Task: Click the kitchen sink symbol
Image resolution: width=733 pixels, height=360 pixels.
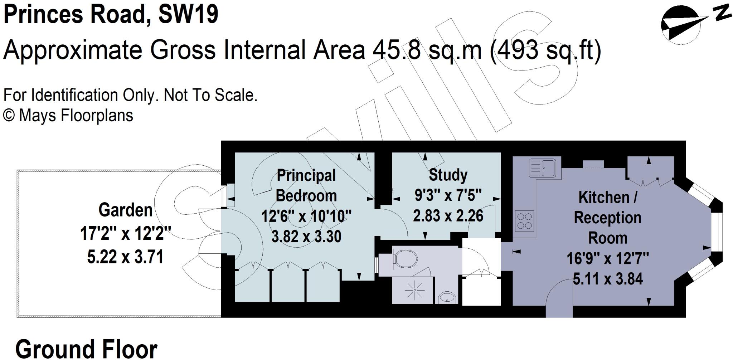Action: pyautogui.click(x=542, y=168)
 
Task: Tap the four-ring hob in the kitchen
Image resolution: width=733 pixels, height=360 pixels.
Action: pyautogui.click(x=525, y=220)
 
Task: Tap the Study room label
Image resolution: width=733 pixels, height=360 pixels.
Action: pyautogui.click(x=448, y=175)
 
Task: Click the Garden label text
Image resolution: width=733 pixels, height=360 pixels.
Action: pyautogui.click(x=125, y=210)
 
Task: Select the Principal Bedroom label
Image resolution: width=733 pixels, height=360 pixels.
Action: pyautogui.click(x=306, y=186)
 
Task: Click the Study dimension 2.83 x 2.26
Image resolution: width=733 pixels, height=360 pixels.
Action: pyautogui.click(x=448, y=216)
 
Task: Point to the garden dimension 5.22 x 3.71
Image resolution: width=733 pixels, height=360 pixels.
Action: pyautogui.click(x=125, y=257)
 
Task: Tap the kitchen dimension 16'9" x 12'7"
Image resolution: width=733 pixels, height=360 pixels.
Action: pyautogui.click(x=607, y=258)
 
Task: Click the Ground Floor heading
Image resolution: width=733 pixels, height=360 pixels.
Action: pyautogui.click(x=86, y=349)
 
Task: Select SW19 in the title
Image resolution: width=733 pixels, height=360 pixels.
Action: pyautogui.click(x=188, y=15)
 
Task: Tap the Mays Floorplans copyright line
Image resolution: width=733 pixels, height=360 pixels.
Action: pyautogui.click(x=68, y=116)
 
